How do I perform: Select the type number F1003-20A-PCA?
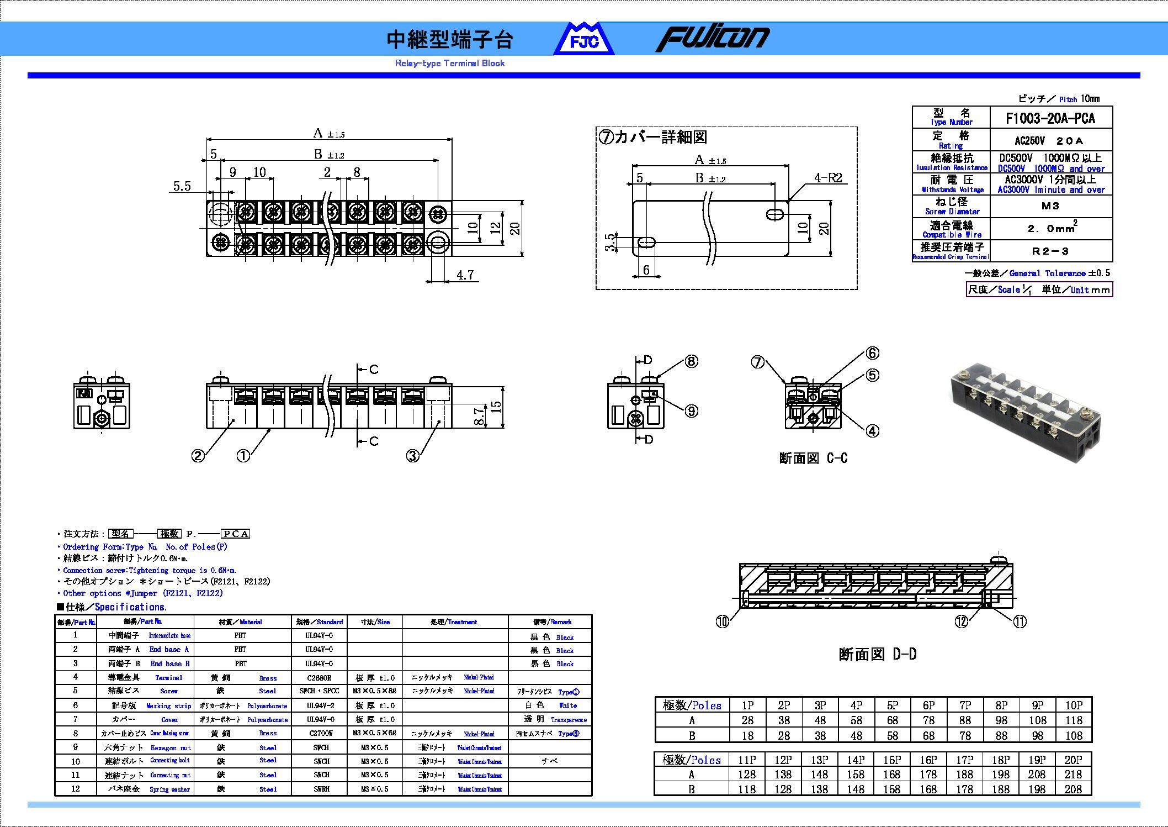[x=1050, y=118]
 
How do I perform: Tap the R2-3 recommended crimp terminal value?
[x=1050, y=251]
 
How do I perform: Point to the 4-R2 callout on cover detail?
[x=828, y=178]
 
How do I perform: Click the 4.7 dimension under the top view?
[x=465, y=275]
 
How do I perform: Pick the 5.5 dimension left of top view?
[x=182, y=186]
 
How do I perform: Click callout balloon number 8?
[x=691, y=361]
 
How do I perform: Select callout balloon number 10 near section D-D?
[x=722, y=621]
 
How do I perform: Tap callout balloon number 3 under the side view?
[x=412, y=456]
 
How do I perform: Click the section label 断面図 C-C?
[x=813, y=458]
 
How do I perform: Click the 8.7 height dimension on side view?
[x=479, y=415]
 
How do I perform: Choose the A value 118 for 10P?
[x=1074, y=720]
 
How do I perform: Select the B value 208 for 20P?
[x=1073, y=789]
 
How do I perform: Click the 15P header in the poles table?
[x=891, y=760]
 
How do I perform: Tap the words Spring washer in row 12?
[x=169, y=789]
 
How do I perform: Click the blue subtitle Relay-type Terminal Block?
[x=449, y=64]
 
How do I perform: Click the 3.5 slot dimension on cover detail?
[x=609, y=242]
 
